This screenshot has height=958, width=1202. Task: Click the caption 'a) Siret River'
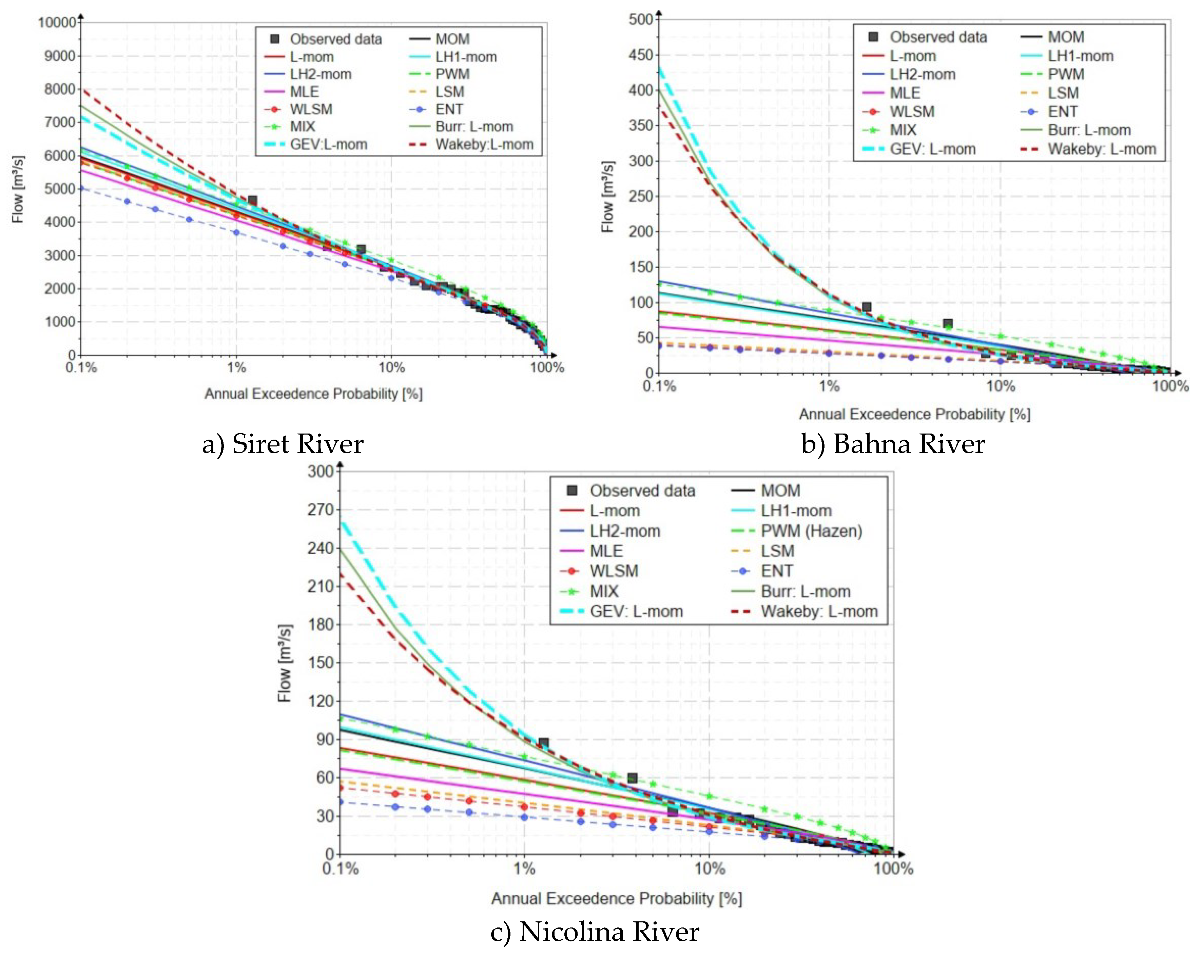[x=283, y=444]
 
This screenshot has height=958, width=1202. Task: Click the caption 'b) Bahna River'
[x=893, y=444]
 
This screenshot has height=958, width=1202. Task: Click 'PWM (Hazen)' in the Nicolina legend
[x=811, y=531]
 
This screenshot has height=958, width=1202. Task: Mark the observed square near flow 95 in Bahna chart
[x=866, y=307]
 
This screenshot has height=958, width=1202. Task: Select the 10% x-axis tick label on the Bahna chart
[x=1000, y=386]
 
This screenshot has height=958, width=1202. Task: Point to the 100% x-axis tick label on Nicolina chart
[x=893, y=869]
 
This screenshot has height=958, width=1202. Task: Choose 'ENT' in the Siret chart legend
[x=449, y=109]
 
